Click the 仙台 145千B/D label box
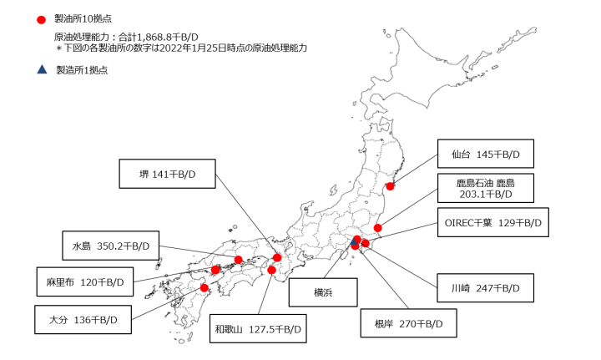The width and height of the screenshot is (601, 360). (x=484, y=155)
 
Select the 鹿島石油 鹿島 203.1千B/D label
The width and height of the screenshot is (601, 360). (x=484, y=188)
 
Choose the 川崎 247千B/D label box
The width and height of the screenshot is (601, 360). (x=484, y=288)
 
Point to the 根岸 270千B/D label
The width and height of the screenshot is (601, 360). (x=409, y=322)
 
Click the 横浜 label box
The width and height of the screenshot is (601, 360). (x=323, y=292)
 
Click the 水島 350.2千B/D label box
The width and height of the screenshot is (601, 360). (x=110, y=246)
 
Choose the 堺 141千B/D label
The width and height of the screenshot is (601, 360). (x=168, y=174)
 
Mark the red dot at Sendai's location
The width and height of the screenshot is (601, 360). (x=390, y=186)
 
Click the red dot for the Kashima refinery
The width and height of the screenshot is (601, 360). (x=378, y=227)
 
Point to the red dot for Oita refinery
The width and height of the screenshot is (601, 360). (x=205, y=288)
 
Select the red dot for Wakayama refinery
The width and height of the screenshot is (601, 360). (x=271, y=270)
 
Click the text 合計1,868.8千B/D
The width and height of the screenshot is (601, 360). (x=155, y=37)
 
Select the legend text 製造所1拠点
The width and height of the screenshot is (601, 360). (x=82, y=70)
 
